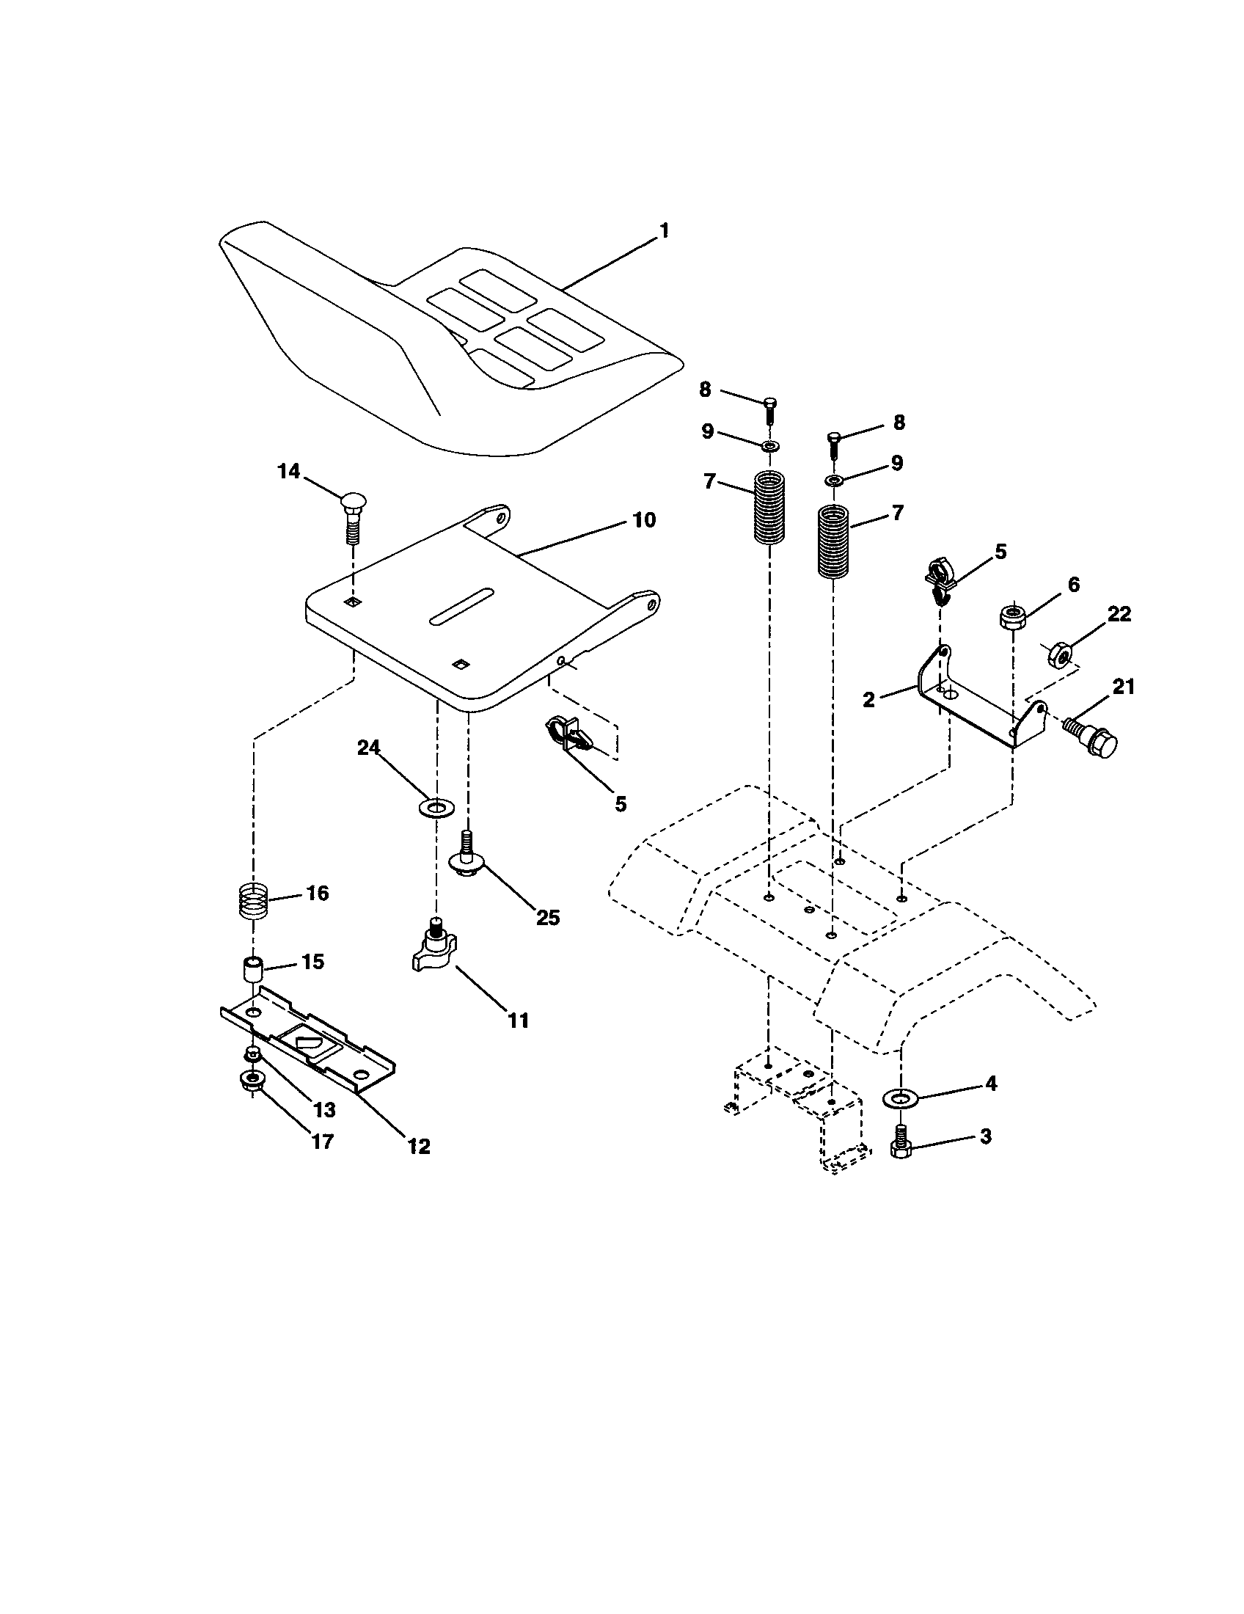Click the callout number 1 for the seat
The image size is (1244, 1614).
(663, 230)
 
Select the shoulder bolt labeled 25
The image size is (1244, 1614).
(466, 859)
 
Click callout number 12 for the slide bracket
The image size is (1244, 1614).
(418, 1146)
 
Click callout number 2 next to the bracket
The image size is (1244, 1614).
(868, 699)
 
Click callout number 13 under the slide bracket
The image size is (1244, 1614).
(324, 1109)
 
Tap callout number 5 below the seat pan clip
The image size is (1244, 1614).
(620, 803)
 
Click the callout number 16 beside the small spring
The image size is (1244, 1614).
(317, 893)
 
